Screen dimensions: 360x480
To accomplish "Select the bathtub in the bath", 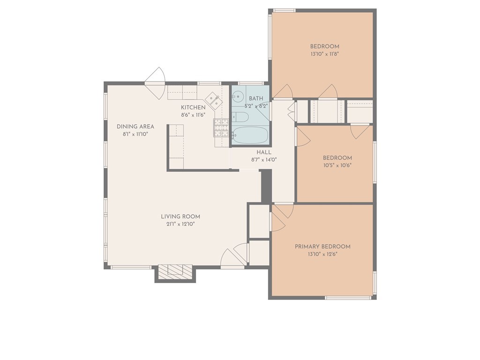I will [x=250, y=135].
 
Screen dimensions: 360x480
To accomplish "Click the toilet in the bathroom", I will [x=239, y=117].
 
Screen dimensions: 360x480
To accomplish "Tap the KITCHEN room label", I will [x=193, y=107].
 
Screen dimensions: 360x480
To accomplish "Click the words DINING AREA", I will [x=135, y=127].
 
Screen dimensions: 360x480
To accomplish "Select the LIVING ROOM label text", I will [x=180, y=217].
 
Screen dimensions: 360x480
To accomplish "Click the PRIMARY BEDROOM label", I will [x=322, y=247].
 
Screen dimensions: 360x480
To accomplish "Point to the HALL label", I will [x=264, y=152].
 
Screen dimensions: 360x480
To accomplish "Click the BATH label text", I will [x=256, y=98].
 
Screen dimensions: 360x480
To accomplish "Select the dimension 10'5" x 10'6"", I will [x=337, y=165].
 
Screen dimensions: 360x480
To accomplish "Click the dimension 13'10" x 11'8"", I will [x=324, y=54].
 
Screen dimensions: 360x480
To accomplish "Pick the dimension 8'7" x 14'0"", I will [x=264, y=159].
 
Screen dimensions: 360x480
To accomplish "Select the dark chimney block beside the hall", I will [x=266, y=187].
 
